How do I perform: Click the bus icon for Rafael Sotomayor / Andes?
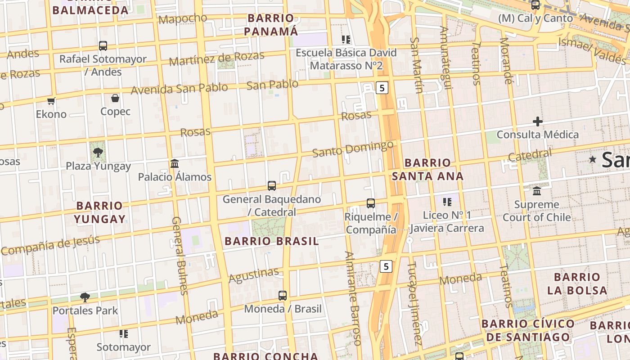coord(103,45)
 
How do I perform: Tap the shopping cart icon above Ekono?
coord(51,101)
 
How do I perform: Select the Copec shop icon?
coord(115,98)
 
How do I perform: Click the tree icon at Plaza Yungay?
coord(98,153)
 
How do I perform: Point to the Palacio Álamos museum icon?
coord(175,163)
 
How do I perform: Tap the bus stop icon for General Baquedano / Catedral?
coord(272,185)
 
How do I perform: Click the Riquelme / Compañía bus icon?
coord(370,203)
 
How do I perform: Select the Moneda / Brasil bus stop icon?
coord(283,296)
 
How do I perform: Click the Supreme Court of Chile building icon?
coord(537,191)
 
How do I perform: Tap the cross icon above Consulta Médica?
coord(537,121)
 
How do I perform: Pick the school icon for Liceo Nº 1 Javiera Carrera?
coord(447,202)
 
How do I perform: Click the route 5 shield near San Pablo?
coord(382,88)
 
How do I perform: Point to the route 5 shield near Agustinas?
coord(386,266)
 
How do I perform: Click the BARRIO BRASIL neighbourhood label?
coord(272,241)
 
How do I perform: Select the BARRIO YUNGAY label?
coord(99,212)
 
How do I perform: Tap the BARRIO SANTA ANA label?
coord(427,169)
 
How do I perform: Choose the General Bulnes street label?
coord(179,256)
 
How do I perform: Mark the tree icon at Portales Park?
coord(85,297)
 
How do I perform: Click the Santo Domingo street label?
coord(353,149)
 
